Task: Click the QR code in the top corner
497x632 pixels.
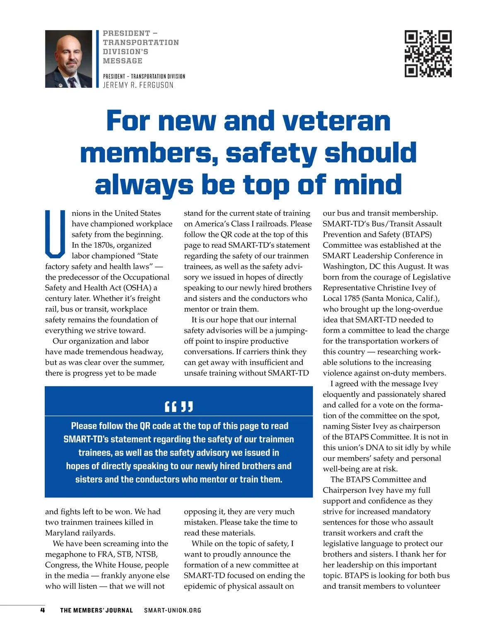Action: coord(428,54)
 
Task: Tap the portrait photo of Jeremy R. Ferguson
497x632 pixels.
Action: coord(69,59)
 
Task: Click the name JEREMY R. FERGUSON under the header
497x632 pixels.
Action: coord(138,85)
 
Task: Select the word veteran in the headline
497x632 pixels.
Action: coord(336,121)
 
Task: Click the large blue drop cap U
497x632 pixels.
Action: coord(55,234)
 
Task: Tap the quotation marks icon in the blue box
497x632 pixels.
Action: coord(179,407)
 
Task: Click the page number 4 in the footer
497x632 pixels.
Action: coord(42,610)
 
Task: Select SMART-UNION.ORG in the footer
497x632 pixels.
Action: coord(173,610)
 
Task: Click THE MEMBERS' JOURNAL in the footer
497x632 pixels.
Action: coord(97,610)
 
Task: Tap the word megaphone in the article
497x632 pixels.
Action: coord(66,554)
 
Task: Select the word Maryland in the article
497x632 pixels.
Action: coord(62,533)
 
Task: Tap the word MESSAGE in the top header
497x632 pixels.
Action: coord(123,61)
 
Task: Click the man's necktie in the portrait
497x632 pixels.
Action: coord(72,81)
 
